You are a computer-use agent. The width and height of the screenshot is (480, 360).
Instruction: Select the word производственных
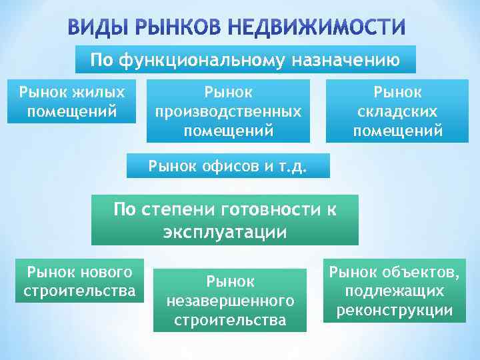228,111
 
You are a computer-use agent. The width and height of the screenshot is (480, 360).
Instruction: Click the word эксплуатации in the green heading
225,232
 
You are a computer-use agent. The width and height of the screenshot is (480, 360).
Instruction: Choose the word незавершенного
230,302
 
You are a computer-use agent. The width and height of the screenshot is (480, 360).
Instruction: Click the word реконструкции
395,310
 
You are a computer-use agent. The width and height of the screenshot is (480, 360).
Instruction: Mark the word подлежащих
395,291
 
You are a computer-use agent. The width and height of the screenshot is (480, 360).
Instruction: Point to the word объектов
419,271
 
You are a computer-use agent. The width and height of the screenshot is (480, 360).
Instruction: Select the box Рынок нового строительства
79,281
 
